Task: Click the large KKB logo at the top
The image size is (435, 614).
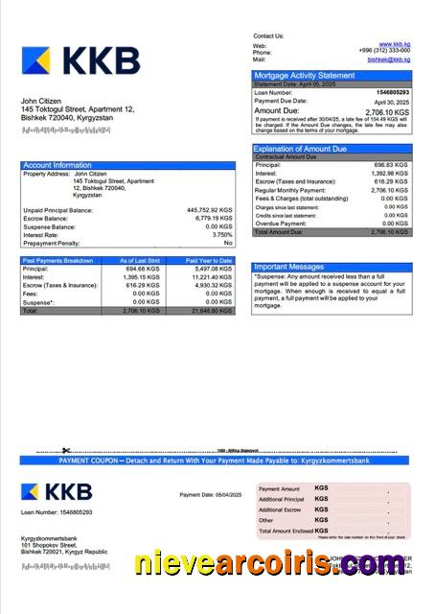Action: click(80, 61)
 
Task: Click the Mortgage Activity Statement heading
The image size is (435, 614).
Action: click(304, 75)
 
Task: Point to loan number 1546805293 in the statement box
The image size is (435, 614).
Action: click(394, 92)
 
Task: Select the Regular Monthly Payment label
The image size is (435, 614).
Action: click(288, 190)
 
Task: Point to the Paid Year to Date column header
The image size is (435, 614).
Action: click(210, 260)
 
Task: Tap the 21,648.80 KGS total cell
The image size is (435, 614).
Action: click(212, 311)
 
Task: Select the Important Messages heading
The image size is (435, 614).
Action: click(289, 267)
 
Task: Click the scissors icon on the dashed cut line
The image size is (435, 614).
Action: click(66, 450)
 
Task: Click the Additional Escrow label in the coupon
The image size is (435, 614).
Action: click(280, 509)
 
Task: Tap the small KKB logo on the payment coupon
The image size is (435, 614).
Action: click(57, 491)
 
